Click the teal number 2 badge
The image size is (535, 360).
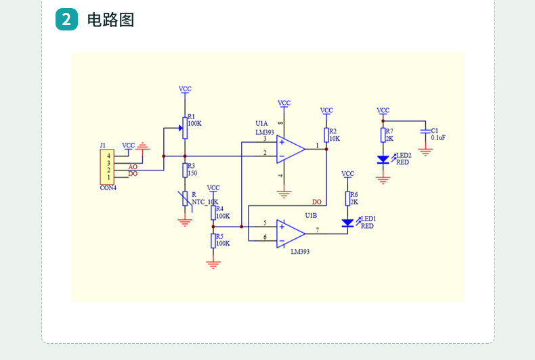click(66, 20)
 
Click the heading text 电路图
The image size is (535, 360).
click(110, 20)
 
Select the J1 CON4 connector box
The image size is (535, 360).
click(107, 166)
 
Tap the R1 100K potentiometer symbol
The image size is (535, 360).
click(185, 128)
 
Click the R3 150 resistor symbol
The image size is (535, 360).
click(185, 171)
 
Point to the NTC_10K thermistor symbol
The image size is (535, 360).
click(185, 199)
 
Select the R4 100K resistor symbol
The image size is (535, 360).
click(213, 212)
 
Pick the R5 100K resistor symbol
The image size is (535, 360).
click(213, 241)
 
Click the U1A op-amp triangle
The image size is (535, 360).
click(291, 150)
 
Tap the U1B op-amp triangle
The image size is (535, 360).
click(291, 234)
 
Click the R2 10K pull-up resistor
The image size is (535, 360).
click(326, 135)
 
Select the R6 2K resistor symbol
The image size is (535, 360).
click(347, 198)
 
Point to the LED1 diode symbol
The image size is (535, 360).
click(347, 223)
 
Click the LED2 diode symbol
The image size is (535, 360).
click(383, 160)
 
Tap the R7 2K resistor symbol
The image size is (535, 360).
click(383, 135)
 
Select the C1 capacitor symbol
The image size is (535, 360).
click(425, 131)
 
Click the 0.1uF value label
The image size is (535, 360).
click(438, 138)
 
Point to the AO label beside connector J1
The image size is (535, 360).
click(133, 166)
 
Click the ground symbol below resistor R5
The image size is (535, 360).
click(213, 265)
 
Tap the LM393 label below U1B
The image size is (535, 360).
click(300, 252)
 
